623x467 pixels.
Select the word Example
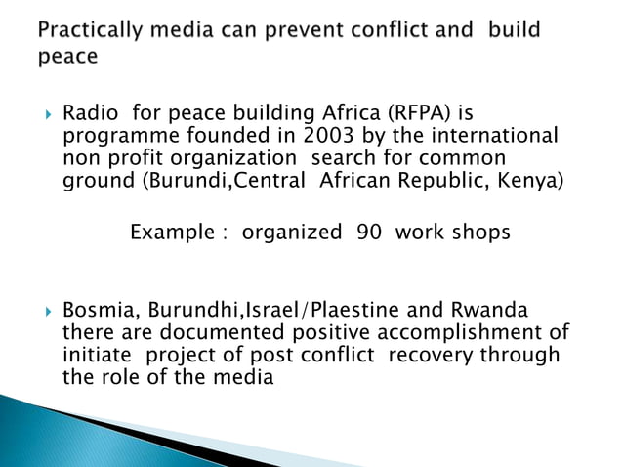click(x=171, y=233)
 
